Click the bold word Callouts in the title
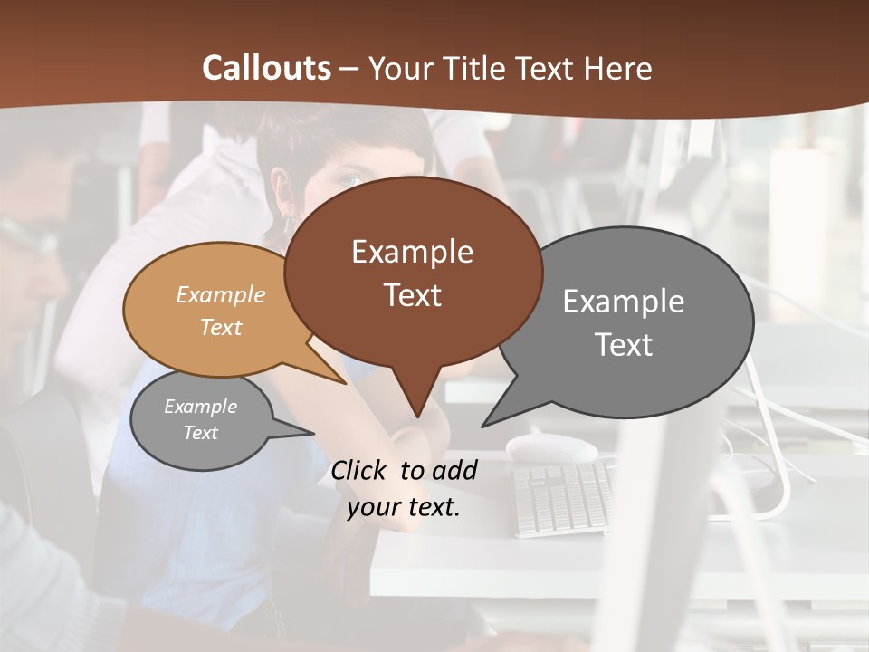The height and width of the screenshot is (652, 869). point(266,68)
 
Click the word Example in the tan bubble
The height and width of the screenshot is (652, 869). point(221,294)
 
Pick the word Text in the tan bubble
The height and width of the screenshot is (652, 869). point(221,327)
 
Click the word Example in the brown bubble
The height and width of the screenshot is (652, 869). point(412,252)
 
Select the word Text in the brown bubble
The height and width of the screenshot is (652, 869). point(412,295)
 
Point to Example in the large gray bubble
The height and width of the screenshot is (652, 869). point(624,302)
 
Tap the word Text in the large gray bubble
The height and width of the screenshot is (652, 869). point(624,345)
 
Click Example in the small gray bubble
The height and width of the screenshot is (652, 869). point(201,407)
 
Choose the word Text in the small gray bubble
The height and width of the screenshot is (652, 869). point(201,433)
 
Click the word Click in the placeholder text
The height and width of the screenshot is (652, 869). point(362,470)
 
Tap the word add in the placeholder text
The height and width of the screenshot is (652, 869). point(454,470)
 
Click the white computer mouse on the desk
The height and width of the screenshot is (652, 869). point(551,446)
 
